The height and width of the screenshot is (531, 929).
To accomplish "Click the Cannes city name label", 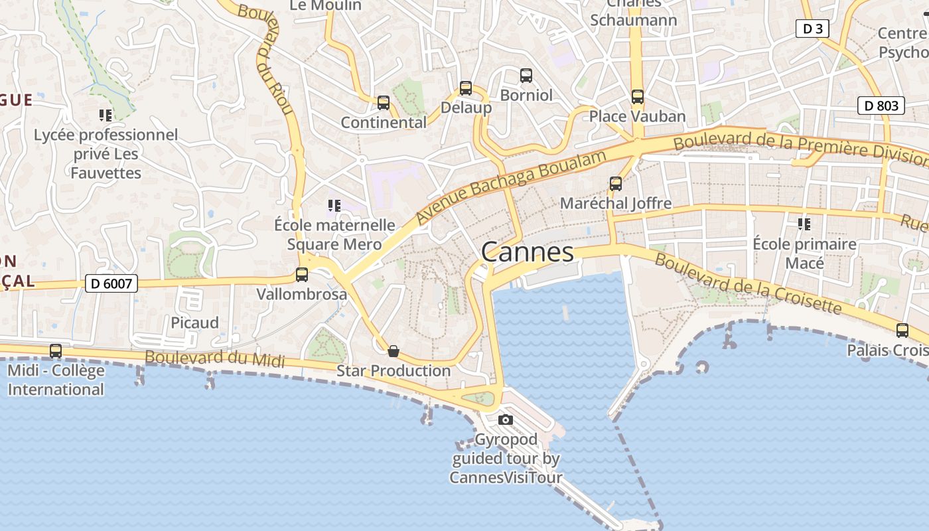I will coord(528,252).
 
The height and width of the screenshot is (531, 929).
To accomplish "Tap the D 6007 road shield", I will coord(111,284).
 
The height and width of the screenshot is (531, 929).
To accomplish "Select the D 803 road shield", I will coord(881,106).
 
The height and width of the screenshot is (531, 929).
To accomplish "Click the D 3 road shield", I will coord(812,29).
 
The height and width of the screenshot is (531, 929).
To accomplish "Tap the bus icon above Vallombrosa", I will coord(302,274).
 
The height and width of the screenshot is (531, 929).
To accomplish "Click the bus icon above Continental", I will coord(384,103).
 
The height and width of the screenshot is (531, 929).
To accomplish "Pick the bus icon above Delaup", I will coord(466,88).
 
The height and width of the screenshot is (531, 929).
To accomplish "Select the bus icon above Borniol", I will coord(526,76).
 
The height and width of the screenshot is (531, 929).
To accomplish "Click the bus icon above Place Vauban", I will coord(638,97).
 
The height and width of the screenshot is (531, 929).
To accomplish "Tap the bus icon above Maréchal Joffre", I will coord(616,184).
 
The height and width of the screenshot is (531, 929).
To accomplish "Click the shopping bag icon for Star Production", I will coord(393,351).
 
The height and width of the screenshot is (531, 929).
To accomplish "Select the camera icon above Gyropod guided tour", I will coord(506,419).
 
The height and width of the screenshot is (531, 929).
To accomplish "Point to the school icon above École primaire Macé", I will coord(804,224).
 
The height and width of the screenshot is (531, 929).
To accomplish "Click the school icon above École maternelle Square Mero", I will coord(334,206).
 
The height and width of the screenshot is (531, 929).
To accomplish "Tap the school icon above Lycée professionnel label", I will coord(106,115).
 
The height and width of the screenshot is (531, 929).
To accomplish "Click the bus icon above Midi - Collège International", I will coord(56,350).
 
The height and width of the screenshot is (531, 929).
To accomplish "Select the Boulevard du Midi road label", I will coord(215,359).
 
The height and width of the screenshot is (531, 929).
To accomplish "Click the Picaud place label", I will coord(194,323).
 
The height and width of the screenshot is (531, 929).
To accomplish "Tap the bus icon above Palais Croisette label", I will coord(902,330).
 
